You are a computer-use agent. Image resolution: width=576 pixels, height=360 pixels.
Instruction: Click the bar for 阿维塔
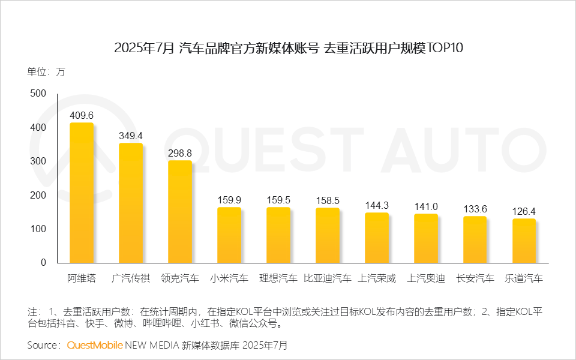(82, 193)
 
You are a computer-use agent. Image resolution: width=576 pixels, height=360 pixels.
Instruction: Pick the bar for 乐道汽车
(524, 241)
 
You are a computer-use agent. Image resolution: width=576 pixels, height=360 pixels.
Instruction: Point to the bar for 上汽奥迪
(426, 238)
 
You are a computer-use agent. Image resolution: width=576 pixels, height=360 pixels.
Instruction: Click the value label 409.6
(82, 115)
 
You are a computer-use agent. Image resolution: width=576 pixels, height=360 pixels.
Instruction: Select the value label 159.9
(229, 200)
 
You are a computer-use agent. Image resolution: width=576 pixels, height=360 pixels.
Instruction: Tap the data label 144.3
(377, 205)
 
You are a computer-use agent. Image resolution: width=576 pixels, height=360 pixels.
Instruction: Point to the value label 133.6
(475, 209)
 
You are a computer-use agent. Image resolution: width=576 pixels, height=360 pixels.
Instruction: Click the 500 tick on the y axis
(38, 94)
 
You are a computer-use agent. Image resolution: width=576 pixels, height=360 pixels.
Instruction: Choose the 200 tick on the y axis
(38, 195)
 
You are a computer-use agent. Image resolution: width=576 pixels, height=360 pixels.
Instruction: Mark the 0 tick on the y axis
(43, 263)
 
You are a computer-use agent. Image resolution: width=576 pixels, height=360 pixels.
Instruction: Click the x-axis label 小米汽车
(229, 278)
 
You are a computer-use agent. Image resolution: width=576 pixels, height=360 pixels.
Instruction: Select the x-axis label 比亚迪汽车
(328, 278)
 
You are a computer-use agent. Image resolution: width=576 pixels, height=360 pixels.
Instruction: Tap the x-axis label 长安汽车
(475, 278)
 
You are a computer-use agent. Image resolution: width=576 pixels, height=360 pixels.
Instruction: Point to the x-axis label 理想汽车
(278, 278)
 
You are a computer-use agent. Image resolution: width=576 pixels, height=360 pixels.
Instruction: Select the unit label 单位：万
(46, 72)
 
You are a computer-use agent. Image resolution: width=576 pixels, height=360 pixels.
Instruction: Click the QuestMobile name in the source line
(95, 346)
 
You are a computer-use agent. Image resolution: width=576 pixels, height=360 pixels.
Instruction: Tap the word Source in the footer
(44, 346)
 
